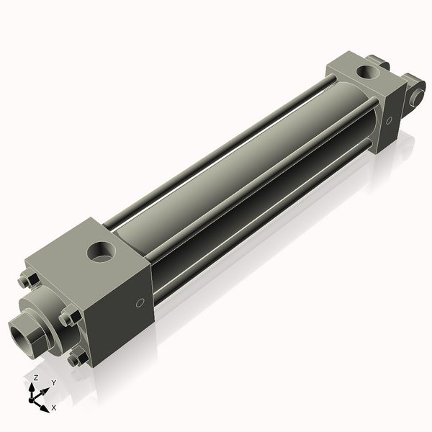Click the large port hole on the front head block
100,252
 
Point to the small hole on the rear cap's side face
390,122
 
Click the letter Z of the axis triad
35,377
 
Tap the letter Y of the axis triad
53,382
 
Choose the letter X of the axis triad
53,408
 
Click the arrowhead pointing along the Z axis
33,387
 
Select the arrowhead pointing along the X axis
45,403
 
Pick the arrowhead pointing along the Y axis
47,389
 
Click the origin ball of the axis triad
35,397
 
